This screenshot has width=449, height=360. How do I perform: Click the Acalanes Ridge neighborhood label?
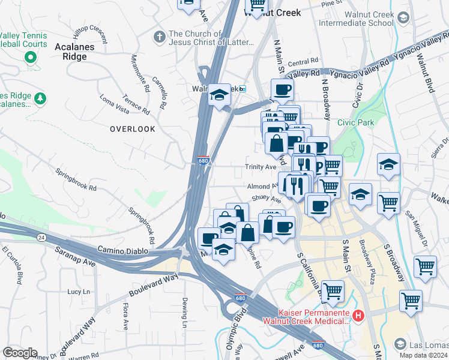point(79,51)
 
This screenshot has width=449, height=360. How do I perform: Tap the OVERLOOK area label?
point(132,129)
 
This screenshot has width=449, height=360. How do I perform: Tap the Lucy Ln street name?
point(78,292)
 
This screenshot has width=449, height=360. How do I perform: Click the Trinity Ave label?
point(259,167)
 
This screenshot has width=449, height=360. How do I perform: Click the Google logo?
point(20,353)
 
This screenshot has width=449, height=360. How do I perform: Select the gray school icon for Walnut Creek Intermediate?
point(403,19)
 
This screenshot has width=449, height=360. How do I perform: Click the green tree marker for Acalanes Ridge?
point(40,98)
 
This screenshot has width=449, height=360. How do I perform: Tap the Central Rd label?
point(303,62)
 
